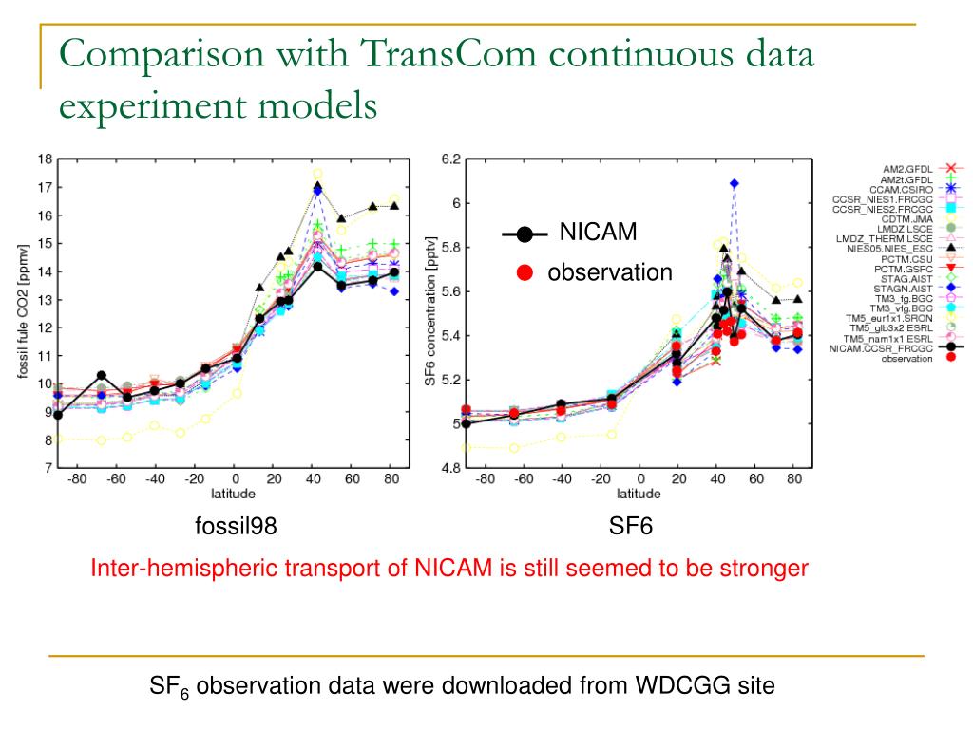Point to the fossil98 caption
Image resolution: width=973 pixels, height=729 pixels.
click(236, 525)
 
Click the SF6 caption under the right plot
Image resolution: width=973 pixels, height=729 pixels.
click(631, 525)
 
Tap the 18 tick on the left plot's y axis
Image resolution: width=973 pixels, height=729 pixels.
click(45, 159)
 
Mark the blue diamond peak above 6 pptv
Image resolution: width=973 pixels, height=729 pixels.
click(735, 183)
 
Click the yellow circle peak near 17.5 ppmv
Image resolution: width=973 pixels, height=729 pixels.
click(317, 175)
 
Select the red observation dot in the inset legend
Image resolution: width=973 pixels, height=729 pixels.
click(523, 272)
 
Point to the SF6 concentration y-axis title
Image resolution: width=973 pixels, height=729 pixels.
click(429, 313)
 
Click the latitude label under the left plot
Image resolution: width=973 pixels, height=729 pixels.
click(233, 493)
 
